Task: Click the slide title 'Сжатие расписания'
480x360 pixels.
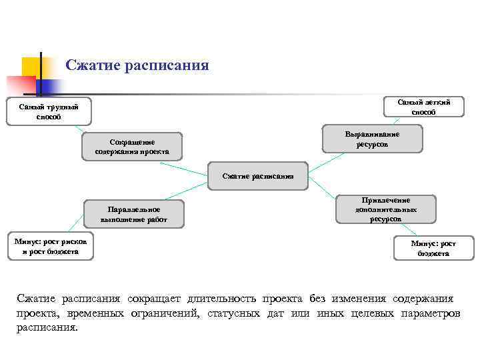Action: tap(137, 65)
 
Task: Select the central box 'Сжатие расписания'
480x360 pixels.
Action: tap(258, 176)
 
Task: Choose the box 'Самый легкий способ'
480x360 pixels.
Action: tap(423, 107)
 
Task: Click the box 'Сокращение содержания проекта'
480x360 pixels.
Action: tap(131, 147)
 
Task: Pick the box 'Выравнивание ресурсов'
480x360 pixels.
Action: tap(372, 139)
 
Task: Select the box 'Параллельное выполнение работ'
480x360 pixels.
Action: tap(133, 214)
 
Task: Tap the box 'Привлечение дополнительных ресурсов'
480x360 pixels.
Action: tap(386, 209)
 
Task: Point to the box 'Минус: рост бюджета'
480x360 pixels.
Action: tap(433, 249)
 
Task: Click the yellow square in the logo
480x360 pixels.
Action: tap(31, 67)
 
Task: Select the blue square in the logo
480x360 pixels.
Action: tap(50, 86)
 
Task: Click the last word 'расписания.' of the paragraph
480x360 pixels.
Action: tap(47, 328)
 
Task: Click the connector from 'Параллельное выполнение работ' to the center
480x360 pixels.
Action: tap(197, 192)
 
